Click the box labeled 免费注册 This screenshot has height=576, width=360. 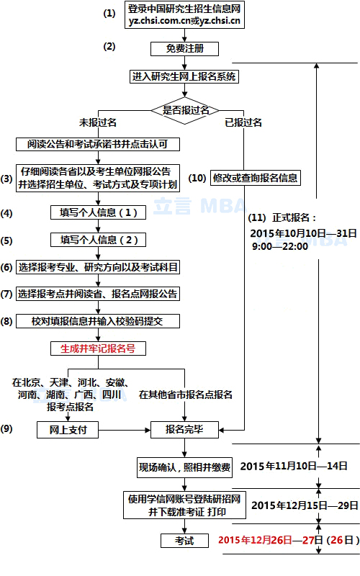[184, 48]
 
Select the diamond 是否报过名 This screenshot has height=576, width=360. [185, 110]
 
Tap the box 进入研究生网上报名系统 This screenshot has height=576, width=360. [184, 76]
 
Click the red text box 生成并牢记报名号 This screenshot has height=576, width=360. [98, 348]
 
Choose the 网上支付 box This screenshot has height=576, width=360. [68, 429]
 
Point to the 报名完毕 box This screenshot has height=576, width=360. [184, 429]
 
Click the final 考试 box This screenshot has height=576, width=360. [184, 541]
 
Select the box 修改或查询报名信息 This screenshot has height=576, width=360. [256, 178]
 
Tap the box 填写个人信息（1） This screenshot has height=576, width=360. [98, 212]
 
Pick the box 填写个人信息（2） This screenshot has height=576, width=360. [98, 240]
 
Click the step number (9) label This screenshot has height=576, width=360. [6, 428]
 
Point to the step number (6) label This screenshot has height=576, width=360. [6, 267]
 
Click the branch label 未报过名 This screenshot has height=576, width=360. [98, 122]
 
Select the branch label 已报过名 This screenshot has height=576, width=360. [243, 122]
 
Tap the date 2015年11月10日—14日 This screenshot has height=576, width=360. [294, 466]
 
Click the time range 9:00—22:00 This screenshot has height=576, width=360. [280, 246]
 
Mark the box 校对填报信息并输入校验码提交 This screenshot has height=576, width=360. [98, 321]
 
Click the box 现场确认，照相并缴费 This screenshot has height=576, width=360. [184, 467]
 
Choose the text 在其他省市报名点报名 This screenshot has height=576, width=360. [186, 395]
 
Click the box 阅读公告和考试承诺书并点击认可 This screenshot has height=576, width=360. [98, 144]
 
